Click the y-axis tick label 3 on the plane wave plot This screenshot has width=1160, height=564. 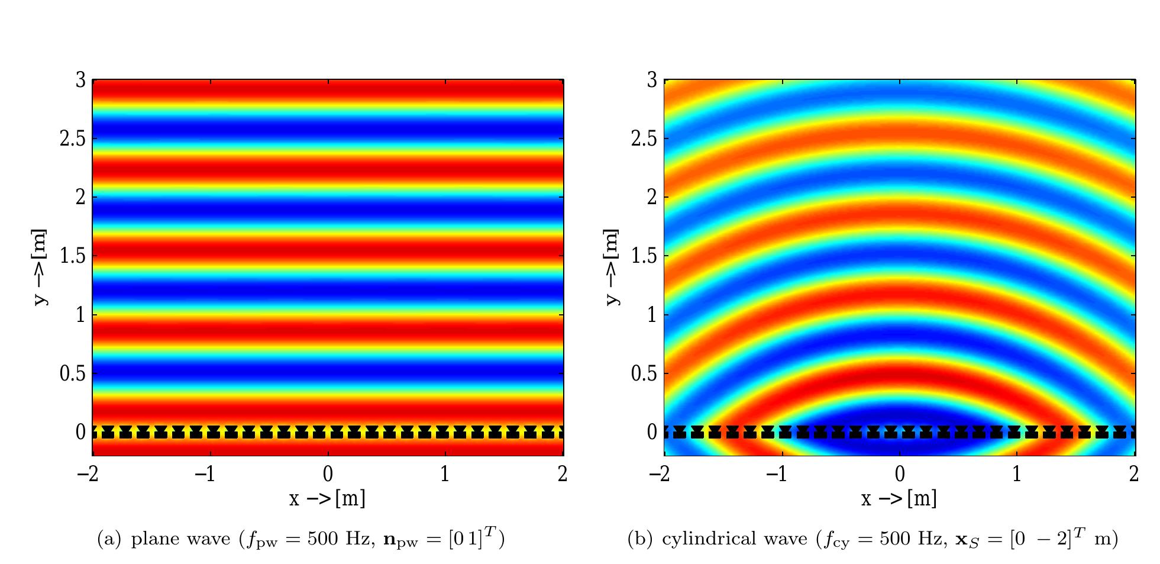coord(80,80)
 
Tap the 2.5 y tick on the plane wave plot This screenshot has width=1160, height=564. coord(72,139)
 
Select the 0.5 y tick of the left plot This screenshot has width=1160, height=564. coord(72,374)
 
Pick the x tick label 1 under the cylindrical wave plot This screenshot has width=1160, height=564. coord(1016,474)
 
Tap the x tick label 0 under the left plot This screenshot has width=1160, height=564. coord(328,474)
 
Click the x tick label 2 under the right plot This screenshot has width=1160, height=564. coord(1133,474)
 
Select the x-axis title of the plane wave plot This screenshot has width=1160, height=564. coord(327,499)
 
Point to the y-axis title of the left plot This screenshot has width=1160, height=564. coord(40,268)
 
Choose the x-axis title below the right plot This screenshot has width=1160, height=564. coord(899,499)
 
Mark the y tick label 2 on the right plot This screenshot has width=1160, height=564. coord(652,198)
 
